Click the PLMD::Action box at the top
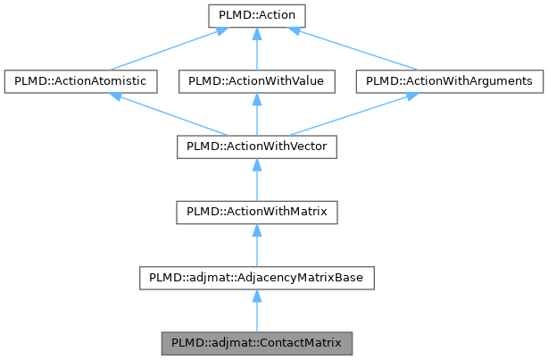pos(256,16)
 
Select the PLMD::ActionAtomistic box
pos(81,81)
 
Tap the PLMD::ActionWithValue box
pos(256,81)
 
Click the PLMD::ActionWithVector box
pos(256,147)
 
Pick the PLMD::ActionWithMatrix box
pos(256,212)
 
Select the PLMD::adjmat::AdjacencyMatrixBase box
pos(256,277)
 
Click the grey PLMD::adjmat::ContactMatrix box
pos(256,342)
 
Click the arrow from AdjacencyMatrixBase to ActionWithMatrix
pos(256,245)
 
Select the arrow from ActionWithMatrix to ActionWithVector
pos(256,180)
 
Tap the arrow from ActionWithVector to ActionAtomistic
pos(169,114)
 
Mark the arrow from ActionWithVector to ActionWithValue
pos(256,114)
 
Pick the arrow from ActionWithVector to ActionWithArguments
pos(353,114)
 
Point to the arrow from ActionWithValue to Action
pos(256,49)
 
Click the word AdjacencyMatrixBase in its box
pos(304,278)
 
